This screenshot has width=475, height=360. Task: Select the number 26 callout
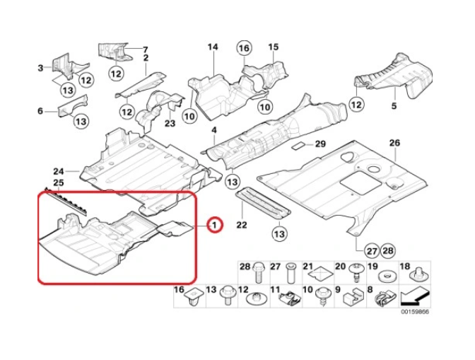tap(394, 143)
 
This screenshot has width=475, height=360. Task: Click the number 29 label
tap(319, 144)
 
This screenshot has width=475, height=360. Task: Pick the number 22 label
tap(241, 226)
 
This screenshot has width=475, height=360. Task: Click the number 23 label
tap(170, 124)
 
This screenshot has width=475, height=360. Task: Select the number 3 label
tap(40, 68)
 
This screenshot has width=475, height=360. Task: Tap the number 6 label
tap(40, 110)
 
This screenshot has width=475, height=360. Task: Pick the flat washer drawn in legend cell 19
tap(387, 274)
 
